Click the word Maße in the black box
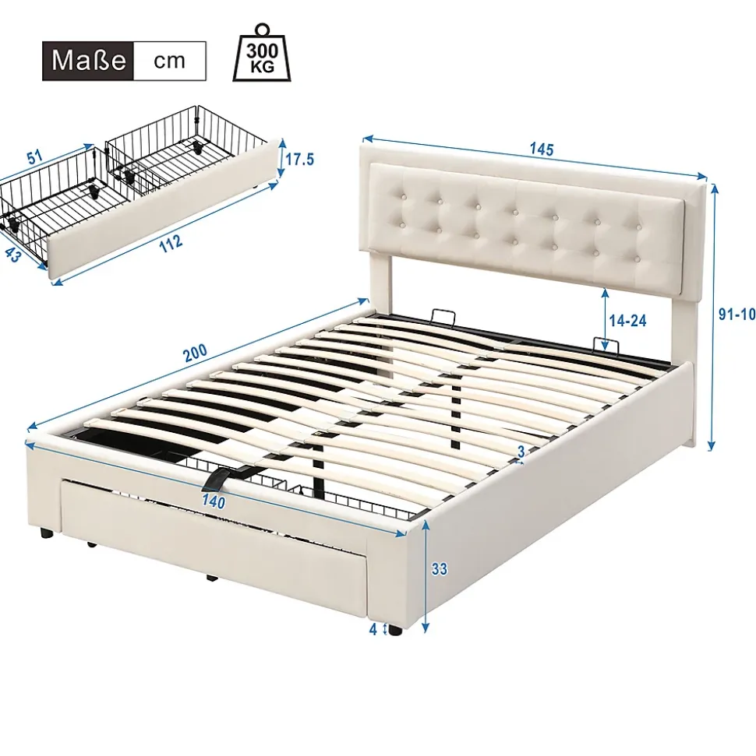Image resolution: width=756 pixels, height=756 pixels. pyautogui.click(x=89, y=61)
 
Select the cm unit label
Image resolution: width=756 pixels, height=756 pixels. pyautogui.click(x=169, y=61)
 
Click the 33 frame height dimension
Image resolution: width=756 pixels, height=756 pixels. pyautogui.click(x=440, y=569)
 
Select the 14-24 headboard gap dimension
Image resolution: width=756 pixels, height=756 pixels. pyautogui.click(x=628, y=321)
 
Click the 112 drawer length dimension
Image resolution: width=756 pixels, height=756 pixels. pyautogui.click(x=171, y=242)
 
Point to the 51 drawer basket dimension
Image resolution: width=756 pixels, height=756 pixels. pyautogui.click(x=35, y=158)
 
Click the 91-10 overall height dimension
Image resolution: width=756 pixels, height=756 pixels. pyautogui.click(x=737, y=315)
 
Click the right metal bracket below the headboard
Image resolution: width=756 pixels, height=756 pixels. pyautogui.click(x=605, y=343)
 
